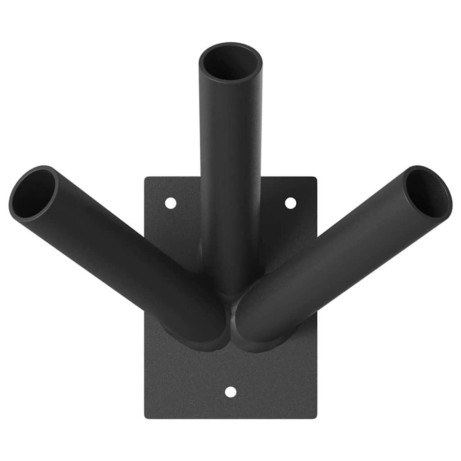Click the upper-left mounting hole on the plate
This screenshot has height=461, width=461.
pyautogui.click(x=171, y=203)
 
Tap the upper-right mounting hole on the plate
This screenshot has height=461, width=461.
pyautogui.click(x=291, y=203)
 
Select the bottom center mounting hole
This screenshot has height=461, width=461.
pyautogui.click(x=230, y=392)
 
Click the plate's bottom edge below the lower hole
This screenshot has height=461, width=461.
pyautogui.click(x=230, y=417)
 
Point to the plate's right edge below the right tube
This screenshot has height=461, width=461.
pyautogui.click(x=316, y=369)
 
